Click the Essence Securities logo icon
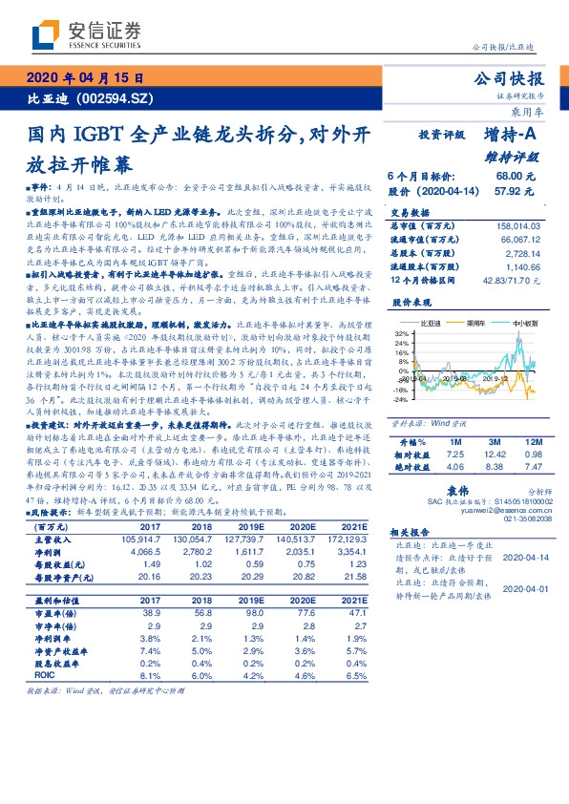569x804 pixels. [x=49, y=35]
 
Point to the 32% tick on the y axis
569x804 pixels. [x=402, y=333]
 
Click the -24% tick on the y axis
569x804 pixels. [x=400, y=400]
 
